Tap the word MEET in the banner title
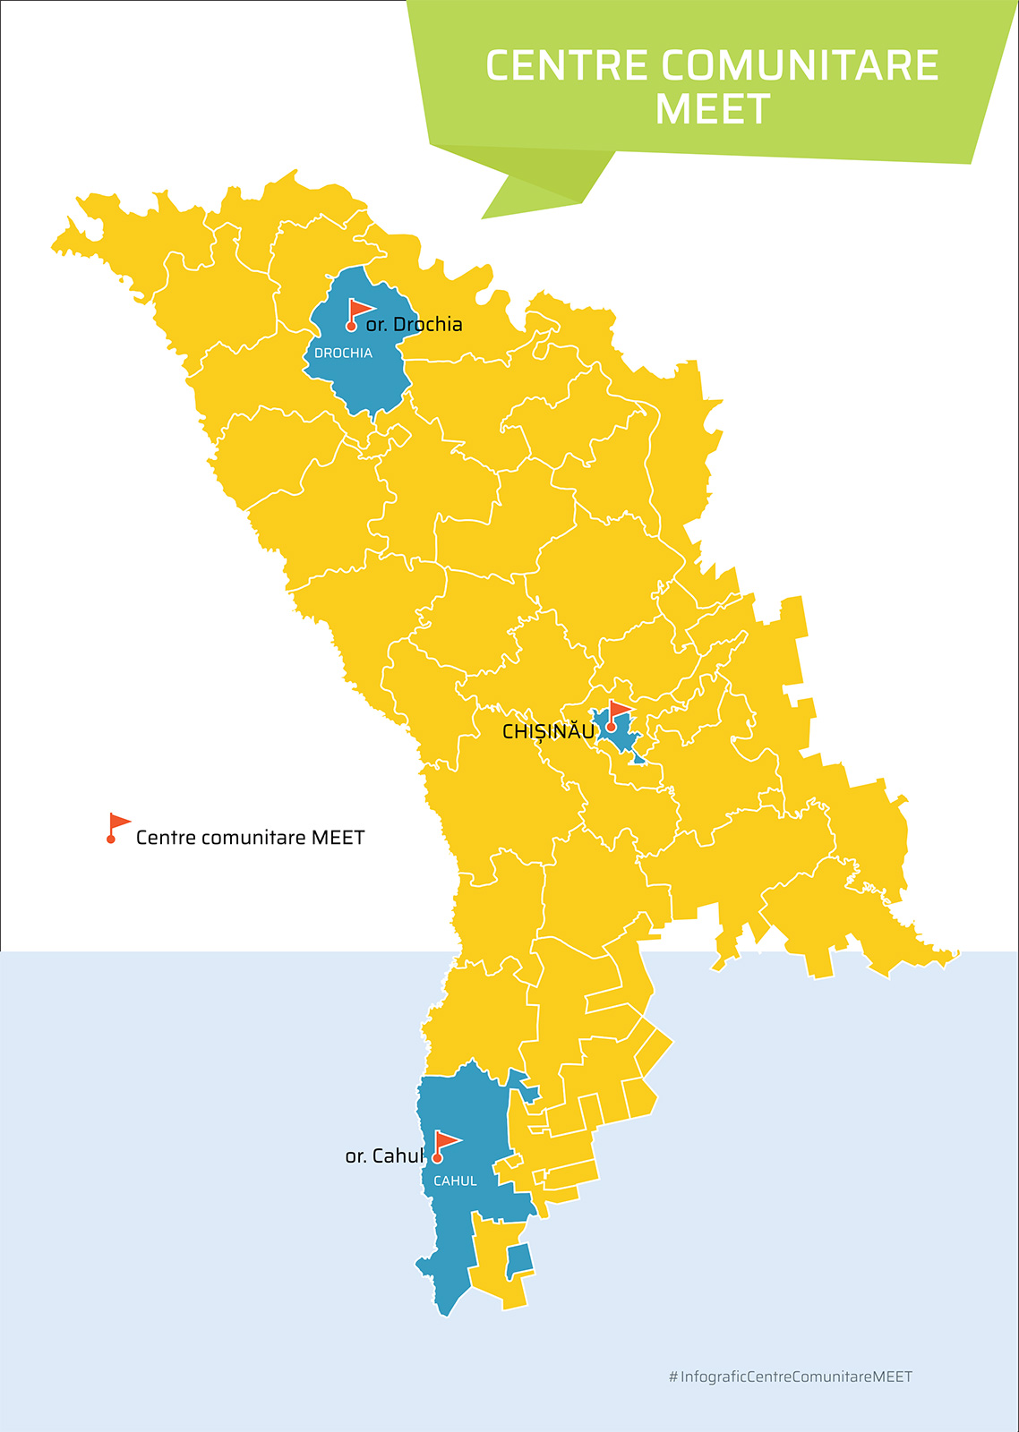click(713, 110)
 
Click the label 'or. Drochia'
click(415, 325)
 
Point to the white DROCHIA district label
click(343, 354)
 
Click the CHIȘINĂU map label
click(548, 732)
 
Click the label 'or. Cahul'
click(384, 1156)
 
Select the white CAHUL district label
click(455, 1181)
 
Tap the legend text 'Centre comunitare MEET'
click(250, 839)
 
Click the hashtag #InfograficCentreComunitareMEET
click(790, 1377)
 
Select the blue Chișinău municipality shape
click(621, 738)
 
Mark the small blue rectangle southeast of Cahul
click(520, 1260)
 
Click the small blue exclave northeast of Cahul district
click(523, 1084)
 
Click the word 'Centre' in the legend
click(166, 839)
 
